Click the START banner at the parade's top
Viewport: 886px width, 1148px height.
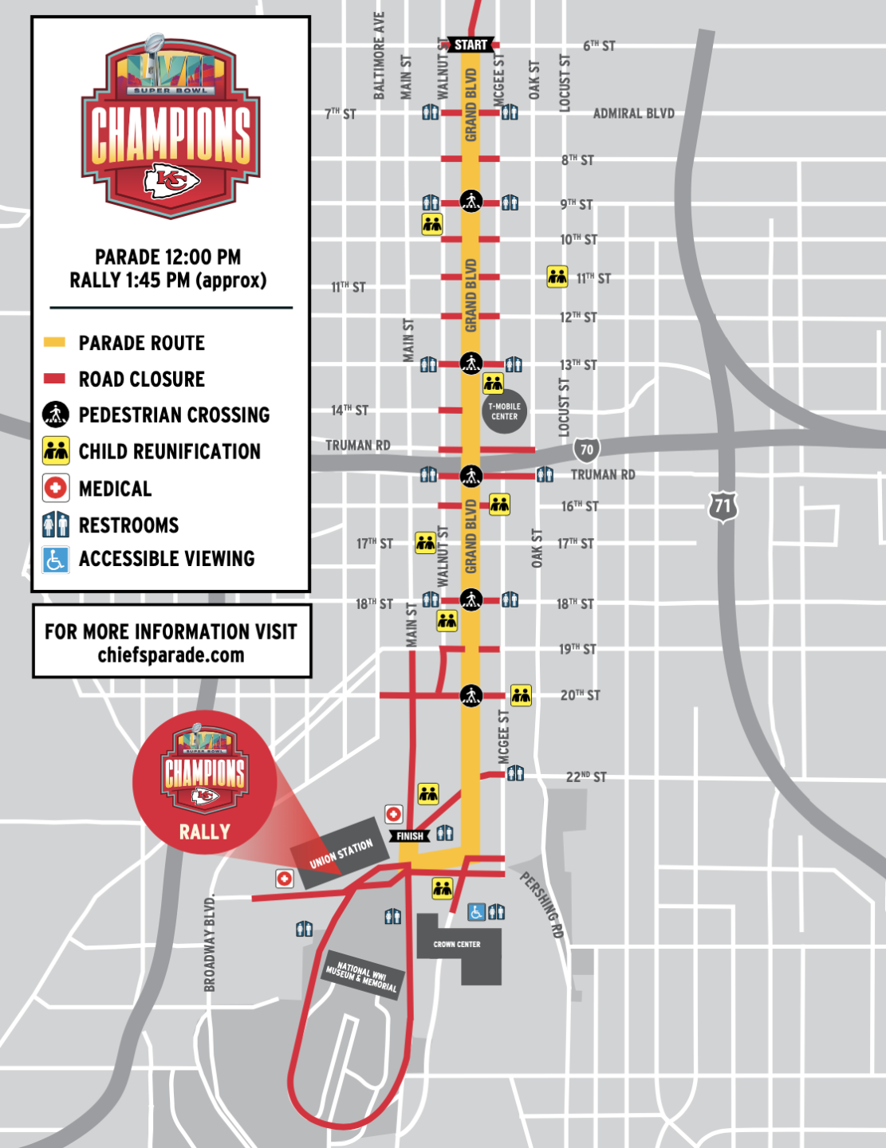point(471,45)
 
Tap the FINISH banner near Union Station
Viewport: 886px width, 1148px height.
point(410,835)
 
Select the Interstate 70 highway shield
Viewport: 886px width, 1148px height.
point(586,450)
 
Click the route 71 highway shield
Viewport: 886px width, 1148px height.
point(723,505)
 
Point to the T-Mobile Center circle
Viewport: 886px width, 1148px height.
point(504,411)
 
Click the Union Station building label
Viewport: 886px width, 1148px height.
point(341,853)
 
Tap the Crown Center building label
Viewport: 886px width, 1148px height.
point(457,944)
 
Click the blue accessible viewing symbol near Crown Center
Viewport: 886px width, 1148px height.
point(476,911)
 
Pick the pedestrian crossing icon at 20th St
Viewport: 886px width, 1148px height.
point(471,695)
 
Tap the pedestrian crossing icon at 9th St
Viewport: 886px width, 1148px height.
point(471,200)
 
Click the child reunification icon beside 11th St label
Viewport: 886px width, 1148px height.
point(557,277)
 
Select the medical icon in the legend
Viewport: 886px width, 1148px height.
point(55,488)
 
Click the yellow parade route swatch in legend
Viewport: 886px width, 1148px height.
point(54,343)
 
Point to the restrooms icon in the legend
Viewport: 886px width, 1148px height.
point(55,525)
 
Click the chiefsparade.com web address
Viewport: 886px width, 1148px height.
point(171,655)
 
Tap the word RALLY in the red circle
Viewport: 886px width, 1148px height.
point(204,832)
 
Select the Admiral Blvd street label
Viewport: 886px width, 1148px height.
point(633,113)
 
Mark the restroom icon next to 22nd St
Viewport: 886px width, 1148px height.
point(516,773)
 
